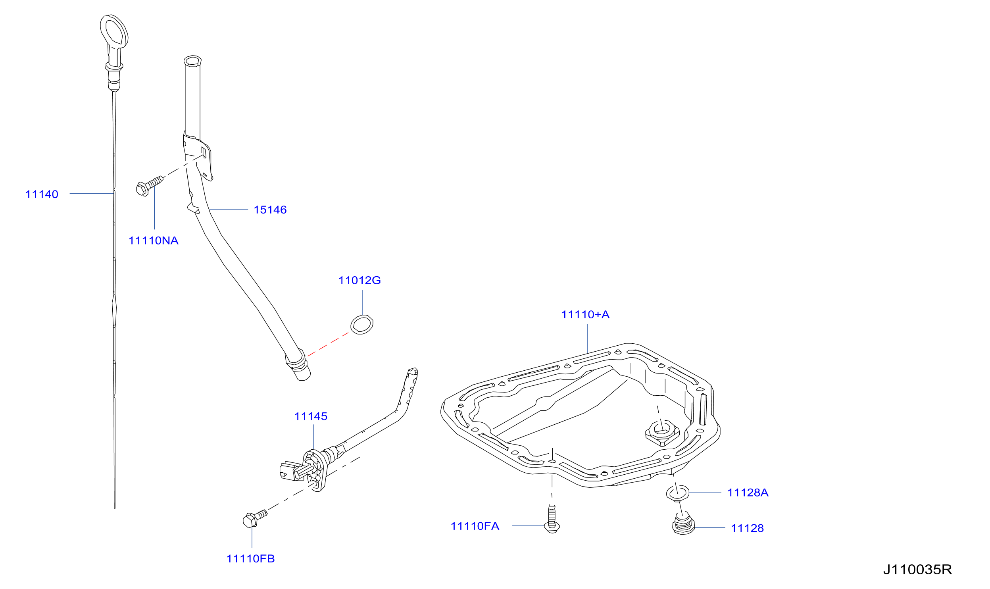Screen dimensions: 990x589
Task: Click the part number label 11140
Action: click(x=42, y=194)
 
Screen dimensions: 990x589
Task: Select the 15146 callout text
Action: click(x=270, y=210)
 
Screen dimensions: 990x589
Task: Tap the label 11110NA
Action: click(x=153, y=241)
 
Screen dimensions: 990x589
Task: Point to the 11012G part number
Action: click(x=359, y=281)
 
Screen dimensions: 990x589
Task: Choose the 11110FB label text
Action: click(x=250, y=559)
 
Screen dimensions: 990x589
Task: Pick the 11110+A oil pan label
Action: click(x=585, y=315)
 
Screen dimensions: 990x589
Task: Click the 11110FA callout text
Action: click(x=475, y=526)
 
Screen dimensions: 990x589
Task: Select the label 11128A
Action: click(x=748, y=493)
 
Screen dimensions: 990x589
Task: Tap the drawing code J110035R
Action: click(x=917, y=570)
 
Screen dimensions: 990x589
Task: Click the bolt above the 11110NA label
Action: click(x=149, y=186)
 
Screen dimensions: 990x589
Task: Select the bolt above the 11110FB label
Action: click(x=254, y=519)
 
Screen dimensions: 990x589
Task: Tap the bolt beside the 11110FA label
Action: click(x=552, y=520)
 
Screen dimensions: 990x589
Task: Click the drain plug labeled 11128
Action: click(x=683, y=524)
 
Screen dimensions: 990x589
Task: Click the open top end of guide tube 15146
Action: click(x=192, y=61)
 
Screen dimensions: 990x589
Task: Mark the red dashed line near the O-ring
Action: click(x=328, y=344)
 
